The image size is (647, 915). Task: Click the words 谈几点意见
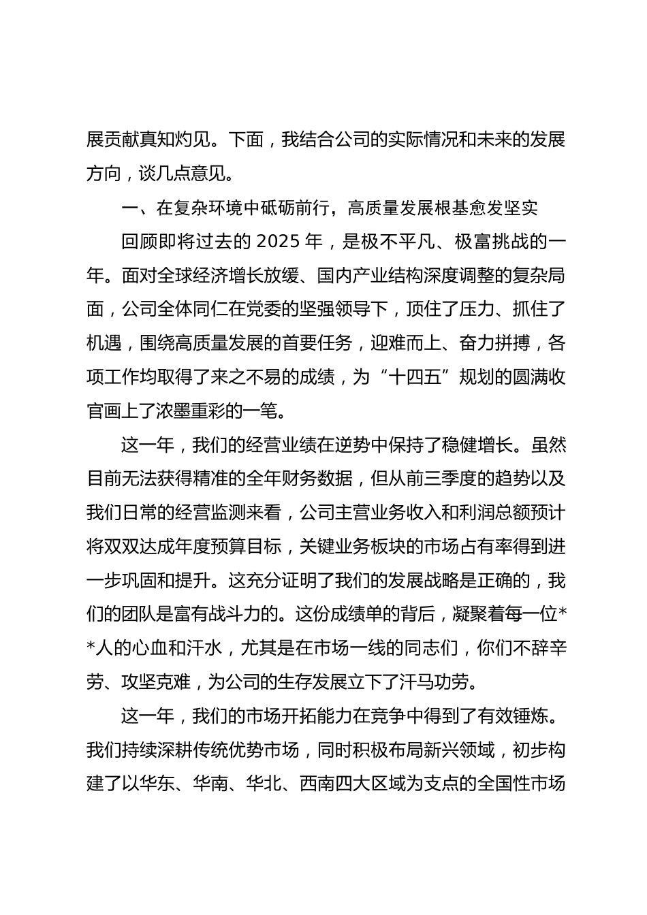coord(181,174)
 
